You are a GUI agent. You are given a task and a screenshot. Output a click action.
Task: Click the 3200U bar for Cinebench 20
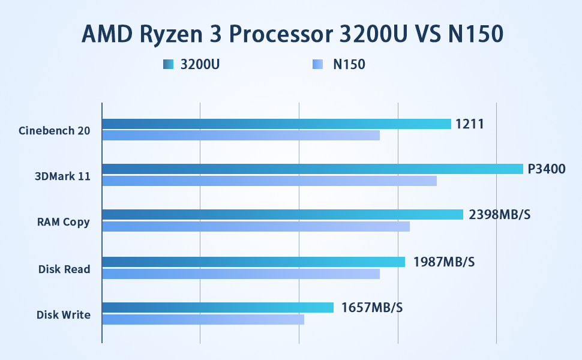click(276, 124)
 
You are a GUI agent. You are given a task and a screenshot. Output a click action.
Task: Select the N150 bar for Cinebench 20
click(241, 135)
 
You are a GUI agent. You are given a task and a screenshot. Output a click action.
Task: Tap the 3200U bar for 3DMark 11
click(312, 169)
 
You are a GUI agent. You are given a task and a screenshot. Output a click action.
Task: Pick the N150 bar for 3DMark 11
click(269, 181)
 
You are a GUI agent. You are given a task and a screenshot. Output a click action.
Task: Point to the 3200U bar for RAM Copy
click(282, 214)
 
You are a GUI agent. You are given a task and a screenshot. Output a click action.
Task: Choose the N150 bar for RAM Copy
click(256, 226)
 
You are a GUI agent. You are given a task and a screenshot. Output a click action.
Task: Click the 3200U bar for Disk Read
click(253, 262)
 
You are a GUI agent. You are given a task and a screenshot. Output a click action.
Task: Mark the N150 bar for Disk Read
click(241, 274)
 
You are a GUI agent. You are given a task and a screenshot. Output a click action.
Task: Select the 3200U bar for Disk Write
click(217, 307)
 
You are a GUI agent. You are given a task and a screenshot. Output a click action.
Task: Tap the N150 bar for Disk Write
click(203, 319)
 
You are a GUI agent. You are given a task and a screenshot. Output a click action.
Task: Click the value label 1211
click(469, 124)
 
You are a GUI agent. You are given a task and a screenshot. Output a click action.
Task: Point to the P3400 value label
click(547, 169)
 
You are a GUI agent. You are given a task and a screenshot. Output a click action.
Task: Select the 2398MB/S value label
click(499, 215)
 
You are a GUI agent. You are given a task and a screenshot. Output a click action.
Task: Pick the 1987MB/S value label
click(444, 262)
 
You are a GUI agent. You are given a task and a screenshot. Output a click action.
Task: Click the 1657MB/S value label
click(372, 308)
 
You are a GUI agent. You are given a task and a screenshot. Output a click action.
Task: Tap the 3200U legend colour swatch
click(168, 64)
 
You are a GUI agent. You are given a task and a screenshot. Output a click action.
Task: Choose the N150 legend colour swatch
click(318, 64)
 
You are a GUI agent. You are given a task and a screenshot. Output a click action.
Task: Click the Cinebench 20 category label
click(54, 130)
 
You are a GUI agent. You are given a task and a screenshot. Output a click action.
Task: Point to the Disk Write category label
click(63, 314)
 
